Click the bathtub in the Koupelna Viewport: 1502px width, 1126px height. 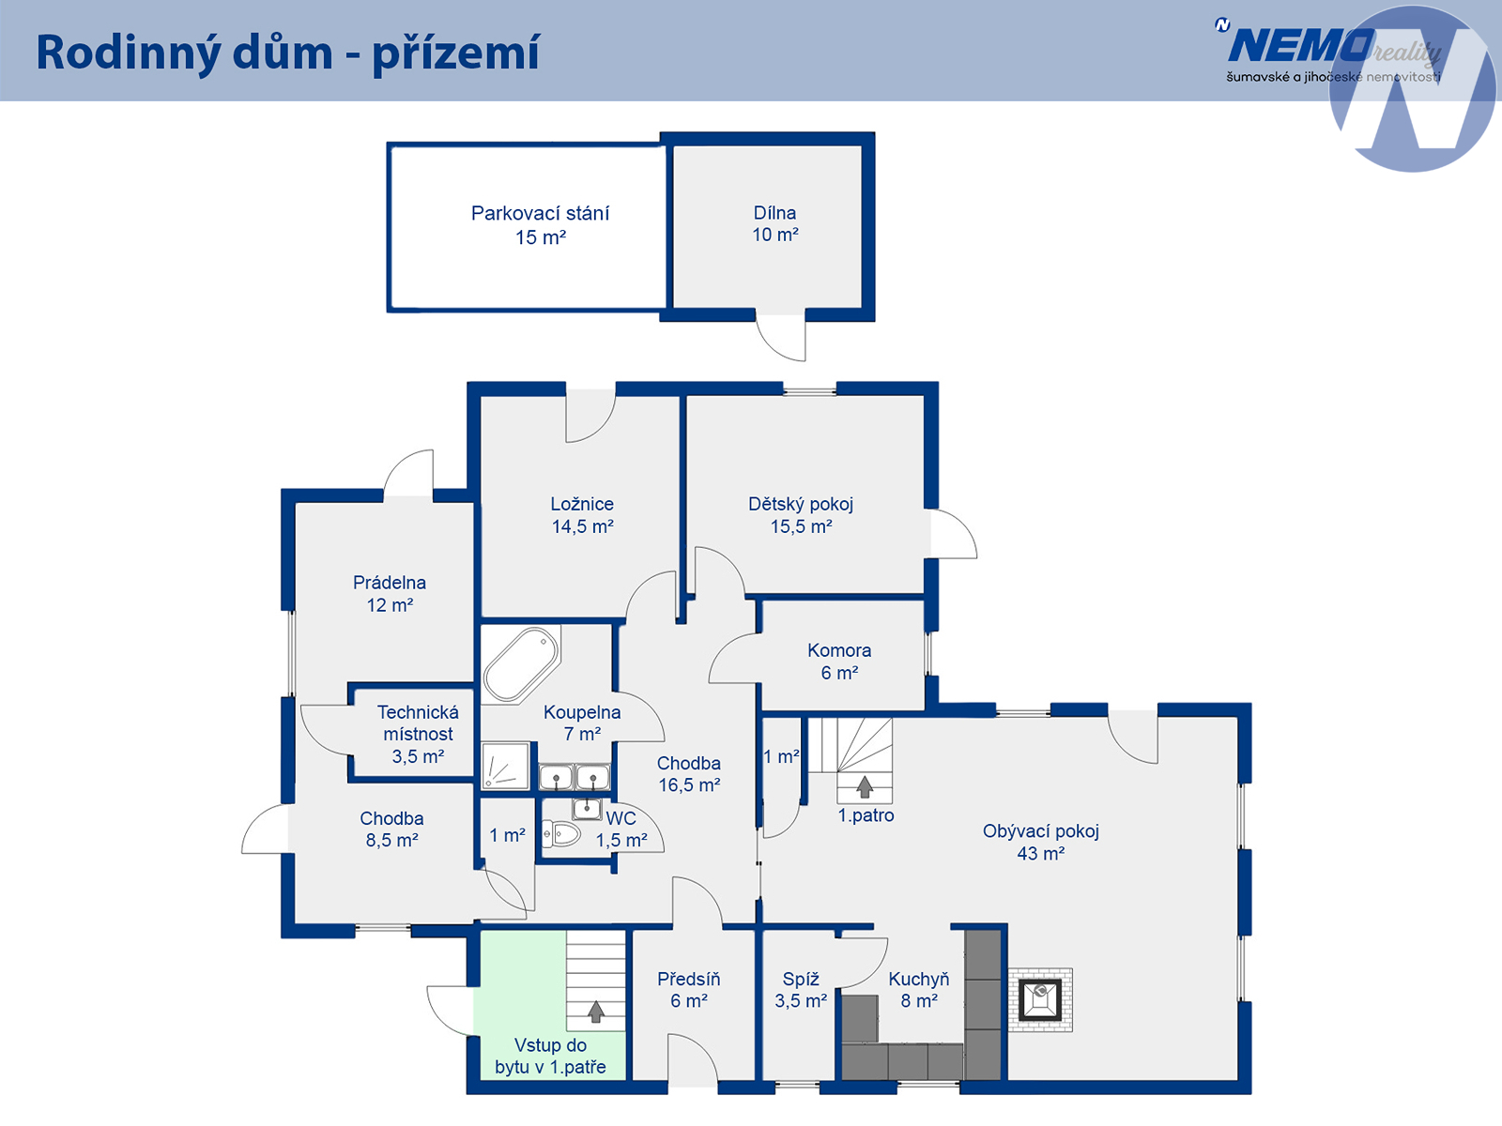click(521, 664)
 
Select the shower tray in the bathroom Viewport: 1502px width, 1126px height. click(506, 766)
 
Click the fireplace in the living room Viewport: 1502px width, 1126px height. click(1040, 999)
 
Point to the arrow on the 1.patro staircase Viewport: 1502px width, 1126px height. click(865, 786)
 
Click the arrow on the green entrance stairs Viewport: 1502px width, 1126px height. click(595, 1012)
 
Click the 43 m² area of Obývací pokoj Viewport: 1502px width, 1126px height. click(1040, 853)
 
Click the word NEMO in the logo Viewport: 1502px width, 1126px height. click(1300, 47)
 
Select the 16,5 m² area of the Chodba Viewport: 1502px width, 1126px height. click(689, 784)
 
